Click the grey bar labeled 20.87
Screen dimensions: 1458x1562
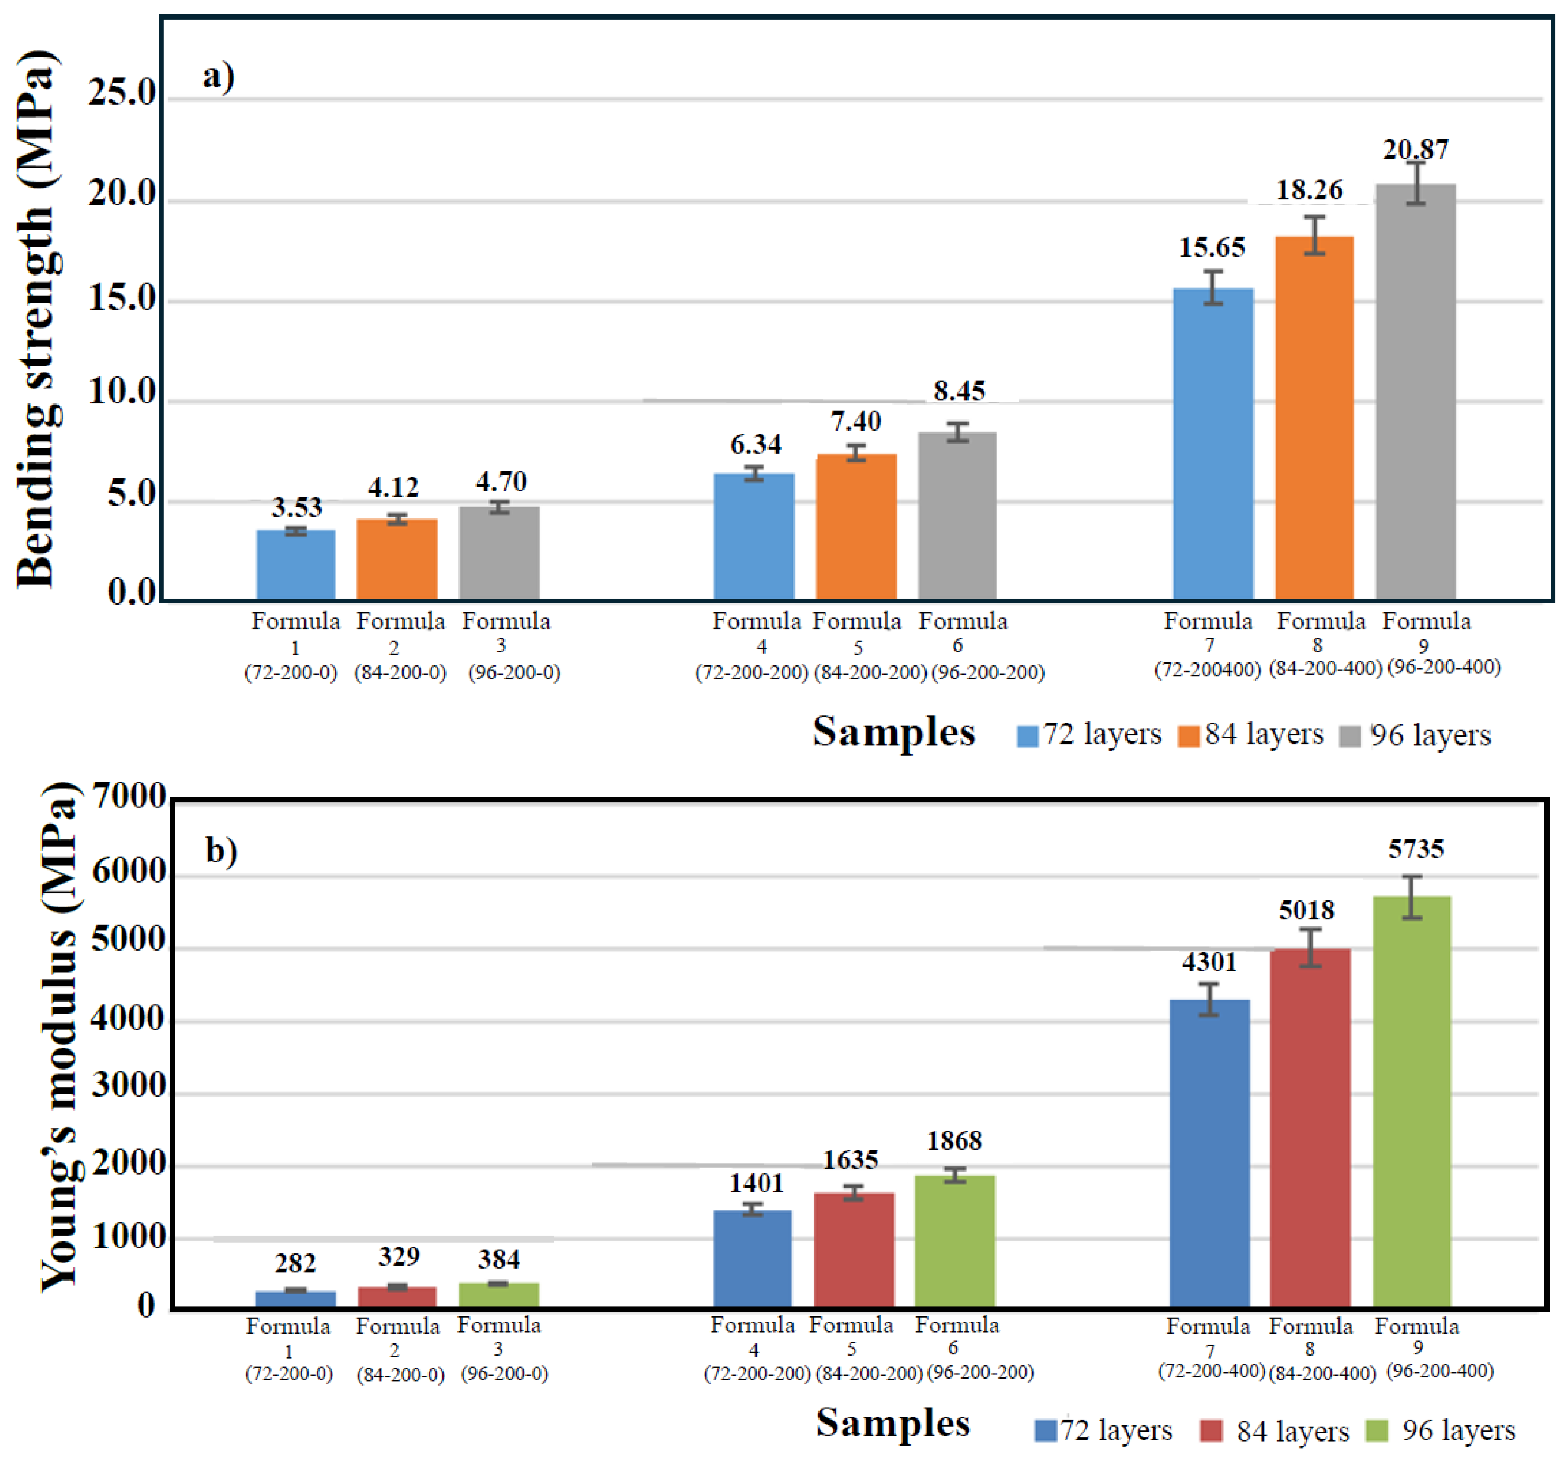1415,393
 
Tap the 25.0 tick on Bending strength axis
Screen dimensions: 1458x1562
122,93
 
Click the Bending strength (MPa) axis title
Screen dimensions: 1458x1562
35,318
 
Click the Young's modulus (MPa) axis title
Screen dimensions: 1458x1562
59,1037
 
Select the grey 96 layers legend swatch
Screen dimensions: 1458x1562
1350,736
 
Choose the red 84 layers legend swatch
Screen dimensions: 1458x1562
1211,1430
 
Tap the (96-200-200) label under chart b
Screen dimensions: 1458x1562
980,1372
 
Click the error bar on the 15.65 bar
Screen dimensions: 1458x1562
1213,288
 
